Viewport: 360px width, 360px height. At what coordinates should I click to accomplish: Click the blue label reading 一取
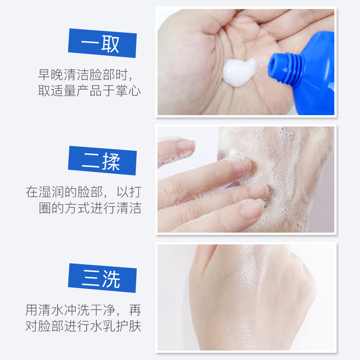[x=103, y=43]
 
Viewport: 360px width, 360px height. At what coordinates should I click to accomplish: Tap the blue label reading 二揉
[x=103, y=161]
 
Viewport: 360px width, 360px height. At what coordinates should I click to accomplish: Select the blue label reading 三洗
[x=103, y=278]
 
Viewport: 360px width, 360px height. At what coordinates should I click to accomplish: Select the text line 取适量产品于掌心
[x=89, y=90]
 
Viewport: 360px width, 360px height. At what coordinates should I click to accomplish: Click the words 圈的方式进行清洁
[x=90, y=208]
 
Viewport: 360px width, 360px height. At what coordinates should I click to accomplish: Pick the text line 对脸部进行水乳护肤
[x=83, y=325]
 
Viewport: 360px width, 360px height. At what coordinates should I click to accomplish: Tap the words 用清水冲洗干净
[x=70, y=310]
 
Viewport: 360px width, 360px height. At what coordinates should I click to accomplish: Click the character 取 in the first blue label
[x=110, y=44]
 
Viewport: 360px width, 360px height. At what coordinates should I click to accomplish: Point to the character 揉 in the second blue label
[x=111, y=162]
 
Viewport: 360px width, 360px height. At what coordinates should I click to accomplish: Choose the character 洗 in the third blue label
[x=111, y=279]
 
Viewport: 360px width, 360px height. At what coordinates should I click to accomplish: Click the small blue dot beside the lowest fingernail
[x=265, y=207]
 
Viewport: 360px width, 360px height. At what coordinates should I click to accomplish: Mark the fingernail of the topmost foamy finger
[x=186, y=145]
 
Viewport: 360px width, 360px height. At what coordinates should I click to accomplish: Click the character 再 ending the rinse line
[x=135, y=310]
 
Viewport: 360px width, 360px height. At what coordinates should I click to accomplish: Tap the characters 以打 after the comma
[x=129, y=192]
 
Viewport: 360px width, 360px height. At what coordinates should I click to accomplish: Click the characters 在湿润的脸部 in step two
[x=64, y=192]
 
